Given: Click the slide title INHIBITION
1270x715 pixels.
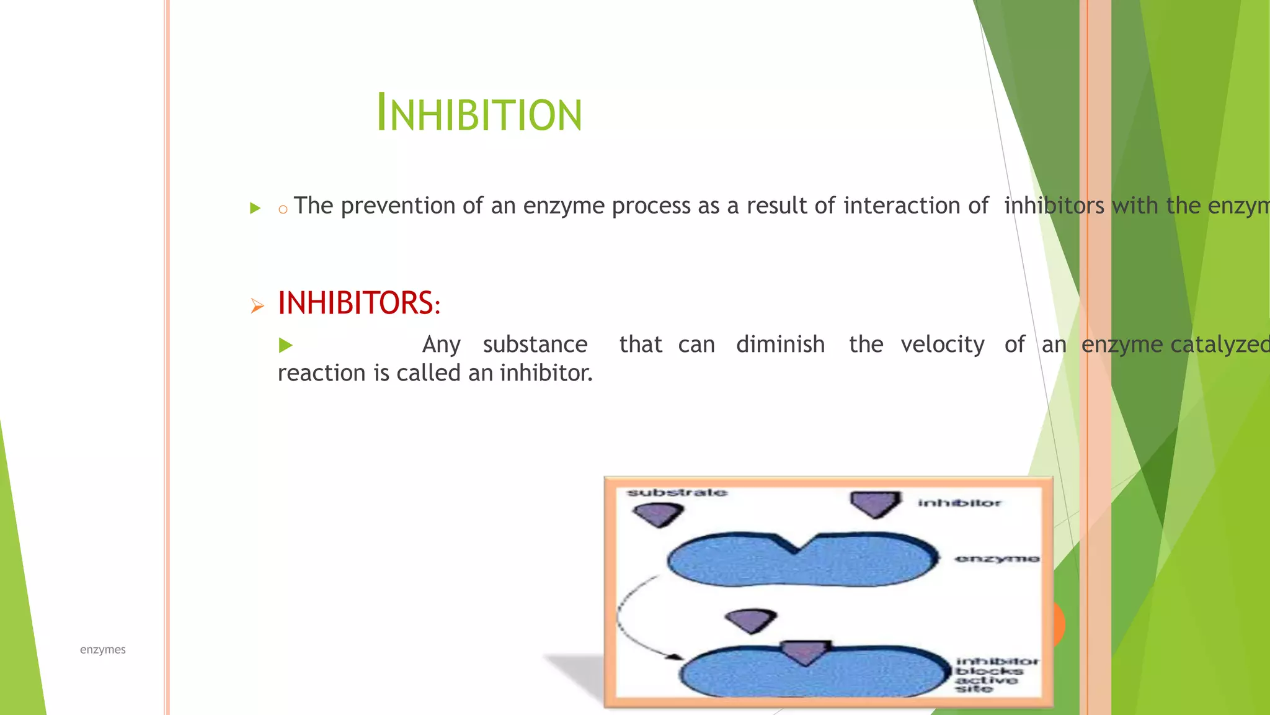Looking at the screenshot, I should [x=479, y=114].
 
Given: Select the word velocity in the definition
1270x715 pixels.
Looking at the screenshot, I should [x=942, y=344].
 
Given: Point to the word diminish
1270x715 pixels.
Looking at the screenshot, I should [x=780, y=344].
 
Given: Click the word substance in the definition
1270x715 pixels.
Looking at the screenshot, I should [x=535, y=344].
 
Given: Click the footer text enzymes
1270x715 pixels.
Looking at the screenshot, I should [x=102, y=650].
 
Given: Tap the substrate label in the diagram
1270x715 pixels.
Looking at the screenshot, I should [x=677, y=493].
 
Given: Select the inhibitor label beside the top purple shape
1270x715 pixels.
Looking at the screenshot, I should [x=959, y=503].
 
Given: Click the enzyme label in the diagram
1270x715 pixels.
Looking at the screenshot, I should [x=997, y=559].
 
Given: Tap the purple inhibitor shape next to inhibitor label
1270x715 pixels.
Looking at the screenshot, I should [x=875, y=504].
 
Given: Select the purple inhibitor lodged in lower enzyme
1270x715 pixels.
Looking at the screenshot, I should [x=804, y=652].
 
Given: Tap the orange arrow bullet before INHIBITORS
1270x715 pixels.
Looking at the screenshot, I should [x=257, y=305].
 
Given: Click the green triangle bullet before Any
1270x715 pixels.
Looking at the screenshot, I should [x=285, y=345].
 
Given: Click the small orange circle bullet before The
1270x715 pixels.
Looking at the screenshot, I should [x=283, y=210].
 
